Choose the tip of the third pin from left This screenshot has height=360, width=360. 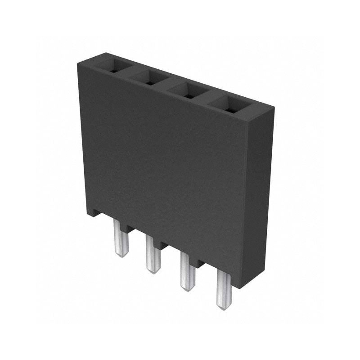186,288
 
